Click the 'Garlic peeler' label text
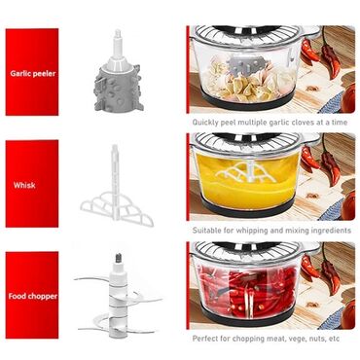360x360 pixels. click(x=33, y=73)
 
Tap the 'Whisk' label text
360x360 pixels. click(x=24, y=185)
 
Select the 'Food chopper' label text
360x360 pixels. click(x=33, y=296)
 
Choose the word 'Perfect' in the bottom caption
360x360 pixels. click(x=205, y=339)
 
